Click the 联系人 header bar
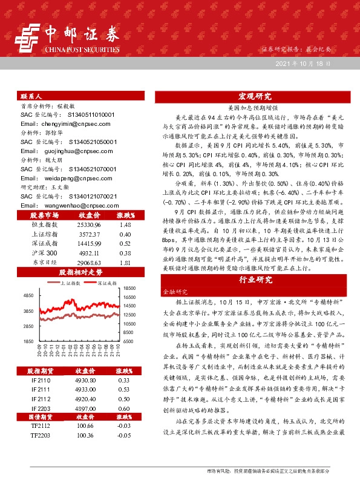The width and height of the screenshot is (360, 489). pos(82,96)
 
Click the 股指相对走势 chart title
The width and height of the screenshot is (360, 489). pos(82,272)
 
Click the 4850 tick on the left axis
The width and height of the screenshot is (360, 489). pos(27,295)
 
